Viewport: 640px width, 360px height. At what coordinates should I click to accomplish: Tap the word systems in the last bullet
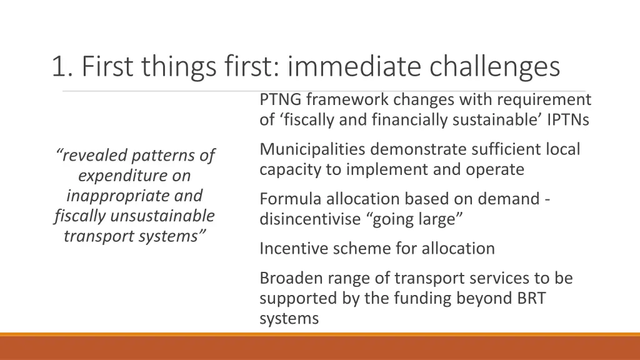pos(289,318)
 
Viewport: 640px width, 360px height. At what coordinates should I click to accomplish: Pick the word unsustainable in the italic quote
pos(162,216)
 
